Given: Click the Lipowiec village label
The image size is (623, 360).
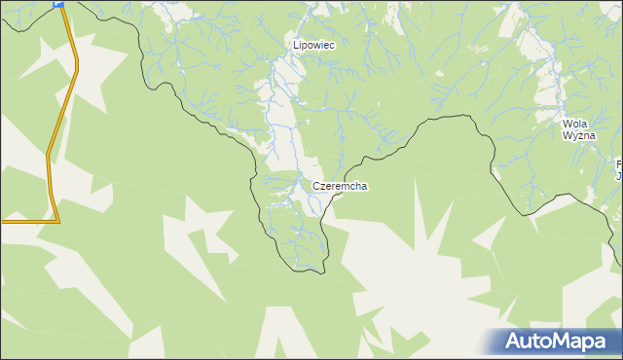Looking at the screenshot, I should point(314,45).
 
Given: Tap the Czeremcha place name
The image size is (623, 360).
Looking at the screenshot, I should point(340,186).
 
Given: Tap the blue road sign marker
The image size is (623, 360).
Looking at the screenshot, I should point(59,4).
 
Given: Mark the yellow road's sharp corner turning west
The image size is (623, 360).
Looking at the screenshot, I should point(57,221).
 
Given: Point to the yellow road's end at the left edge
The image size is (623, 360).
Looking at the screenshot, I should point(2,221).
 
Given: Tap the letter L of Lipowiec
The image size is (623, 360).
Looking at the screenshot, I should point(297,45).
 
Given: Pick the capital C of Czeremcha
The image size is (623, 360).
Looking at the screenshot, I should point(317,186).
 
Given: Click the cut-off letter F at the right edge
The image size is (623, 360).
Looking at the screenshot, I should point(619,164).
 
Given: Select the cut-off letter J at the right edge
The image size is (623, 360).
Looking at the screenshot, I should point(620,176).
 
